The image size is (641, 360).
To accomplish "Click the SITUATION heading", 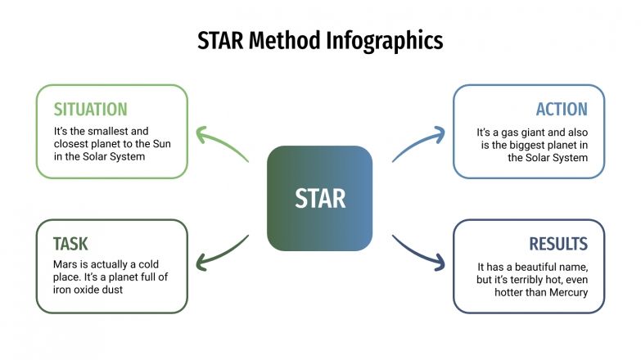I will [x=90, y=109].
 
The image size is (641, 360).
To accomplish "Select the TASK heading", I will [x=70, y=244].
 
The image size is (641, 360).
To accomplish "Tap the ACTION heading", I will [x=562, y=109].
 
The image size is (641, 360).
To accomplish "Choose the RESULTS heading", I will [x=558, y=244].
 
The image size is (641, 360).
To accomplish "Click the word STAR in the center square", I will [x=320, y=198].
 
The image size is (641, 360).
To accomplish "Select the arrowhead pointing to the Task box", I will [x=201, y=262].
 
